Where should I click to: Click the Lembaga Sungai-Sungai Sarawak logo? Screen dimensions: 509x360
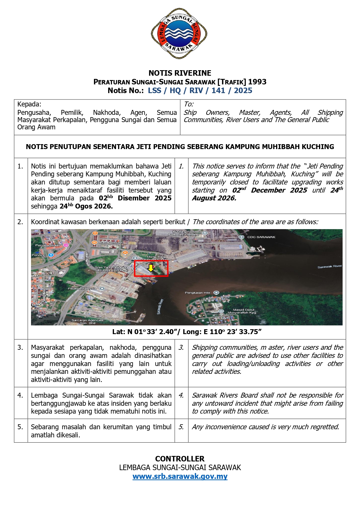click(x=179, y=34)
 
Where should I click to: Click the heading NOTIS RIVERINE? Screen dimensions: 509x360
click(x=180, y=73)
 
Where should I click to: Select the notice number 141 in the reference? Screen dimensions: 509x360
click(x=218, y=91)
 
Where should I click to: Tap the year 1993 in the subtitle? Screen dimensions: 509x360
click(x=257, y=82)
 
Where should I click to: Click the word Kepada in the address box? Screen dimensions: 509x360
click(x=29, y=104)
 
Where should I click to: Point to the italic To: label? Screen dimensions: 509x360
click(x=189, y=104)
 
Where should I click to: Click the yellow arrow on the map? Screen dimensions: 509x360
click(x=151, y=268)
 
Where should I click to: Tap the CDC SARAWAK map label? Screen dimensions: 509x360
click(x=261, y=237)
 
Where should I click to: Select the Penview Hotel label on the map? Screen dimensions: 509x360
click(x=47, y=245)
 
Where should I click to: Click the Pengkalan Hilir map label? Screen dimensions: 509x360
click(x=198, y=293)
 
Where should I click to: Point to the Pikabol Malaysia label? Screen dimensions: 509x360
click(x=82, y=289)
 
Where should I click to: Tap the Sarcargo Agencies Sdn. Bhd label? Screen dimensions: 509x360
click(x=87, y=321)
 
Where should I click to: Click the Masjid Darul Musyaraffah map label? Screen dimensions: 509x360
click(x=242, y=311)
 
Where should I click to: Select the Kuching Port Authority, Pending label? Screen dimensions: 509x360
click(x=183, y=233)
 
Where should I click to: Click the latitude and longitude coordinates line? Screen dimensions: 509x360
click(x=187, y=332)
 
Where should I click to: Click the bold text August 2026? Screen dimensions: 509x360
click(x=214, y=198)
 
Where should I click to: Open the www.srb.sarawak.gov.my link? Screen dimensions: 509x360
click(x=180, y=476)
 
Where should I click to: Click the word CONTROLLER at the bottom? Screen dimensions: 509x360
click(x=180, y=459)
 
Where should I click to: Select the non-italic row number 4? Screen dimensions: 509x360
click(x=20, y=395)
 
